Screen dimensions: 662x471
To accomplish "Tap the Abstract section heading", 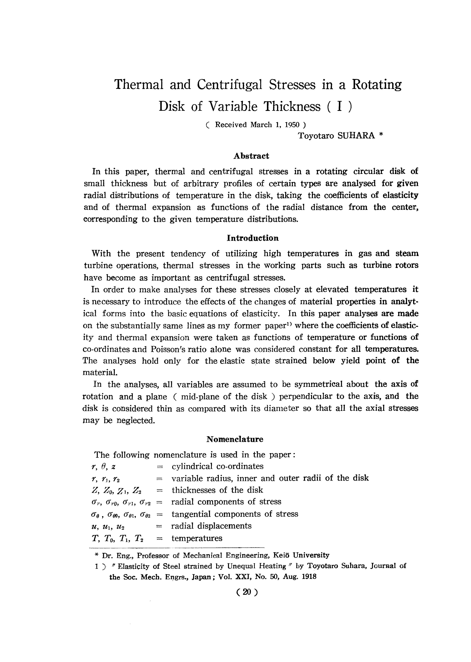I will (251, 156).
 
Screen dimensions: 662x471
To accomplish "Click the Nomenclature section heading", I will (235, 439).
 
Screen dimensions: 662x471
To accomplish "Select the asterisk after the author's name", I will (381, 135).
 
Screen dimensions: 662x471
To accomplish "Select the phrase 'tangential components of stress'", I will (235, 514).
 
